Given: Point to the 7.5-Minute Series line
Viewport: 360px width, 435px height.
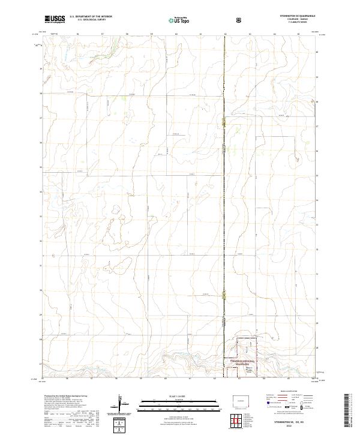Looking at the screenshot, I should (292, 23).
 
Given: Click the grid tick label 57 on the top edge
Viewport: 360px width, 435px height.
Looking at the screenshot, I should (102, 34).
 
